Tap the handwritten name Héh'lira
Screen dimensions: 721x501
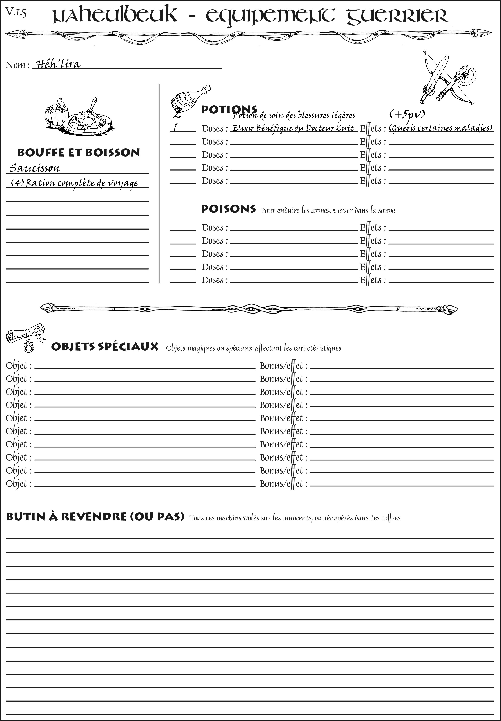[58, 64]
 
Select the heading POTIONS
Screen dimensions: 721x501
[229, 110]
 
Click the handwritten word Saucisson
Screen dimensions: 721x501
[35, 168]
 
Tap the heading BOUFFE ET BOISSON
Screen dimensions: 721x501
[79, 153]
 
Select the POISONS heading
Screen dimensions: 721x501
[228, 209]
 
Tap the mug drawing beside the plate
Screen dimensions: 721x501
[57, 113]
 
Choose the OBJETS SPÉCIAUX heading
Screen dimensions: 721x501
[105, 347]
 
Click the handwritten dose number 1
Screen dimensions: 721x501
[175, 127]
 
